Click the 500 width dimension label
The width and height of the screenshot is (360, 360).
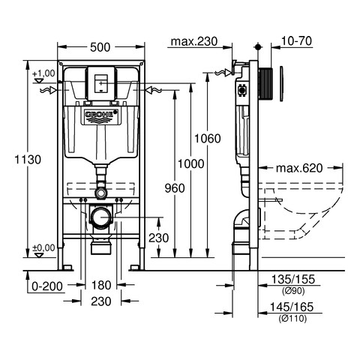(x=100, y=47)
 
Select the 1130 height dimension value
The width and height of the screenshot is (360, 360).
(x=28, y=160)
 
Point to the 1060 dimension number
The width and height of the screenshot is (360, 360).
(x=208, y=139)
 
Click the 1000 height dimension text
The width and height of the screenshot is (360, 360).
(x=190, y=164)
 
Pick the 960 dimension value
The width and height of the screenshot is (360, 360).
(x=175, y=188)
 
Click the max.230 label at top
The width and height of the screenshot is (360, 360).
(x=194, y=41)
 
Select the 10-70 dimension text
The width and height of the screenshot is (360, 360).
(x=297, y=40)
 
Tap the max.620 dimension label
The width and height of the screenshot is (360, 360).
(x=299, y=168)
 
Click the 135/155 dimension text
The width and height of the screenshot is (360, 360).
(x=293, y=279)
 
